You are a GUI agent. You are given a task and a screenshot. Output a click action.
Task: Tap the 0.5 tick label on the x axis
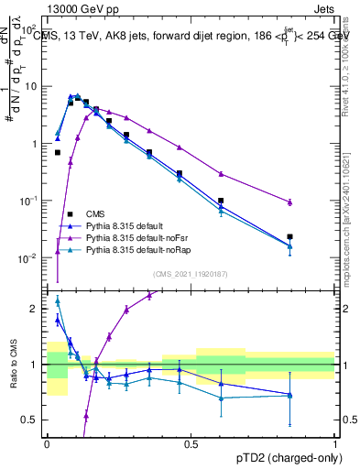pyautogui.click(x=191, y=443)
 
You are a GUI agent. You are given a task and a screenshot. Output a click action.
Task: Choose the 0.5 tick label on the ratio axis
pyautogui.click(x=34, y=420)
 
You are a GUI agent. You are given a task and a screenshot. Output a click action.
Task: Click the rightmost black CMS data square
pyautogui.click(x=289, y=236)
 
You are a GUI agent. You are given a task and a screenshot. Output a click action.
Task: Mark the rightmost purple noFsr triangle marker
pyautogui.click(x=289, y=202)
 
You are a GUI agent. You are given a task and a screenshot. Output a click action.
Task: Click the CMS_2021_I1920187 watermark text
pyautogui.click(x=191, y=274)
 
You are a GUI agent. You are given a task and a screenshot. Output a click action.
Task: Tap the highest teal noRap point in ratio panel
pyautogui.click(x=58, y=300)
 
